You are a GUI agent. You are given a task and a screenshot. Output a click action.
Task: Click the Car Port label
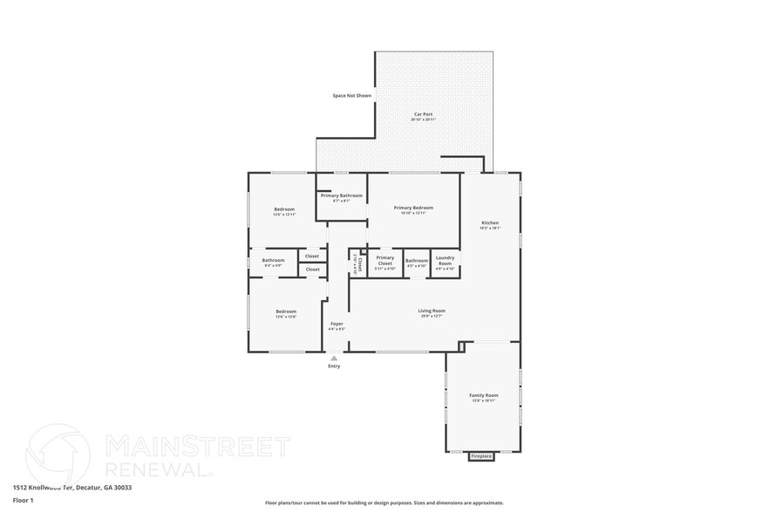pos(424,115)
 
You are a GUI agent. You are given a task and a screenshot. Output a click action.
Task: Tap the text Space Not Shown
pos(351,95)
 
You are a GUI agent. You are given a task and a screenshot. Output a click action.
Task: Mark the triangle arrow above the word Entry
pos(334,358)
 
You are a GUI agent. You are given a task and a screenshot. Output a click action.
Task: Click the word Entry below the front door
pos(334,366)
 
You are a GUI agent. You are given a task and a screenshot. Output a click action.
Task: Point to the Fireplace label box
pos(481,456)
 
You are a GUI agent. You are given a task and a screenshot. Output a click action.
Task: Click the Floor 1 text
pos(23,500)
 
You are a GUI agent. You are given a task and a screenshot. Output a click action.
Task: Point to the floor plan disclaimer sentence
pos(384,503)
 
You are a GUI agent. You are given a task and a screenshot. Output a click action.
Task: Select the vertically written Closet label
pos(358,263)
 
